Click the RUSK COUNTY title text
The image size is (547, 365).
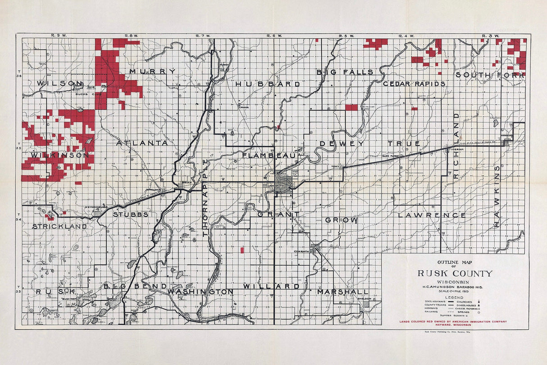[x=455, y=273]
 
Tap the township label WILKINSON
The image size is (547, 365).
[x=59, y=155]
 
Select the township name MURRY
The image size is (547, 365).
[x=152, y=71]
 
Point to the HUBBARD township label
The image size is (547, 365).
[x=267, y=84]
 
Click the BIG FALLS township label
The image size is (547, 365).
[x=345, y=72]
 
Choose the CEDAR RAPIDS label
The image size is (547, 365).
[x=414, y=84]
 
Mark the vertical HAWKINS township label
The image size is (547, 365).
[x=497, y=196]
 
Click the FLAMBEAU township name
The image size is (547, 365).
[x=269, y=156]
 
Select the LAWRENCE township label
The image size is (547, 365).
[x=432, y=215]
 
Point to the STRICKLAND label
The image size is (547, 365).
[x=59, y=226]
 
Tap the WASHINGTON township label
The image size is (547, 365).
[x=201, y=292]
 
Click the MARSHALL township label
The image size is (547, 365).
[x=342, y=292]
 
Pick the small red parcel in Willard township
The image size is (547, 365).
[x=242, y=249]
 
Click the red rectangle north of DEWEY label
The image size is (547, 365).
[x=351, y=107]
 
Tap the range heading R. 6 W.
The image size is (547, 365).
[x=274, y=36]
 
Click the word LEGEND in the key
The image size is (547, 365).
[x=454, y=297]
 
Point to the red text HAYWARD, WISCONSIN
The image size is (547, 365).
[x=454, y=325]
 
